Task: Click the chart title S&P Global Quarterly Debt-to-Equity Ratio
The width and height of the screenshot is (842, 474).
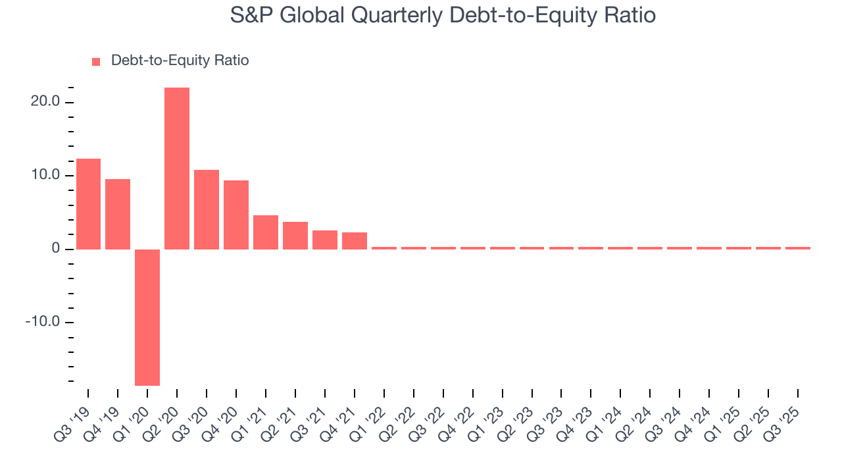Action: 443,15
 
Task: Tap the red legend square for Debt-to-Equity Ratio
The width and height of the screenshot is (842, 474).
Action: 96,62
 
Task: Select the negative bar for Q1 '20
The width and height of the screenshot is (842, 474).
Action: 147,317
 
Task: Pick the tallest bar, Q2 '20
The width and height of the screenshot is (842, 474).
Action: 177,169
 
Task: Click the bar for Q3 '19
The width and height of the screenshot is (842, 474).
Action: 88,204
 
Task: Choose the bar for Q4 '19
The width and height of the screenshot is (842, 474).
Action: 118,214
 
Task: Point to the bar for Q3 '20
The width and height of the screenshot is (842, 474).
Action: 207,209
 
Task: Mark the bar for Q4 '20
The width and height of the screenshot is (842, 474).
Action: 236,215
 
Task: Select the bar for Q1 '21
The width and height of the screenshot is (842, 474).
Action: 266,232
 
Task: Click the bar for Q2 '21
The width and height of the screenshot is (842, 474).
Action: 295,236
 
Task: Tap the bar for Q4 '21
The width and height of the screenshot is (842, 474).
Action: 355,241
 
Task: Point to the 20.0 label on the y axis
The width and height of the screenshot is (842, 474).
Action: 45,102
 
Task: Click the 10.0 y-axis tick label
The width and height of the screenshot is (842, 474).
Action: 45,176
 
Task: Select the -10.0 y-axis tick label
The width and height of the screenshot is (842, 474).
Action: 43,323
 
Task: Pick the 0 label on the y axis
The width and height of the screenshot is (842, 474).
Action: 57,250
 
